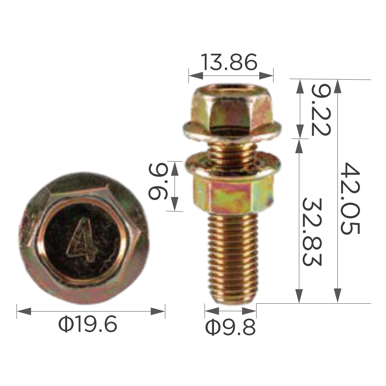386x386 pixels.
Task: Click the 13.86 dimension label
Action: point(229,62)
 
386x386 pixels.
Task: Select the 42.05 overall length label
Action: point(350,198)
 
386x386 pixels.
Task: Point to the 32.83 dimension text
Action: point(312,232)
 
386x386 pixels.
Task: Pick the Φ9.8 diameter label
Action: point(230,327)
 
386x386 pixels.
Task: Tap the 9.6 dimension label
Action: point(158,183)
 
